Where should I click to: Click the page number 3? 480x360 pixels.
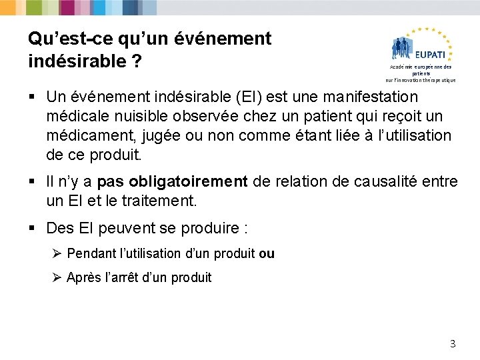(453, 344)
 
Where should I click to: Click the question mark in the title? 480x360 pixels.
(136, 61)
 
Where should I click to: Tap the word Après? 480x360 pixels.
(85, 277)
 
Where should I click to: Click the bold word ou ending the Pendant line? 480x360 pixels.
(267, 253)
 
